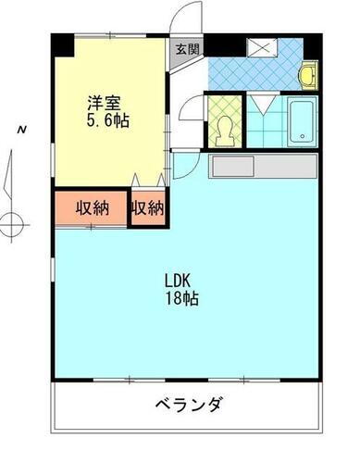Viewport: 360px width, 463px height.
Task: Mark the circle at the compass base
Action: click(x=12, y=222)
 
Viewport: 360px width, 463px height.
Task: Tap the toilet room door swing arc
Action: click(x=192, y=119)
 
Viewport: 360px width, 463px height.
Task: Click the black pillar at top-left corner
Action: click(x=59, y=43)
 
